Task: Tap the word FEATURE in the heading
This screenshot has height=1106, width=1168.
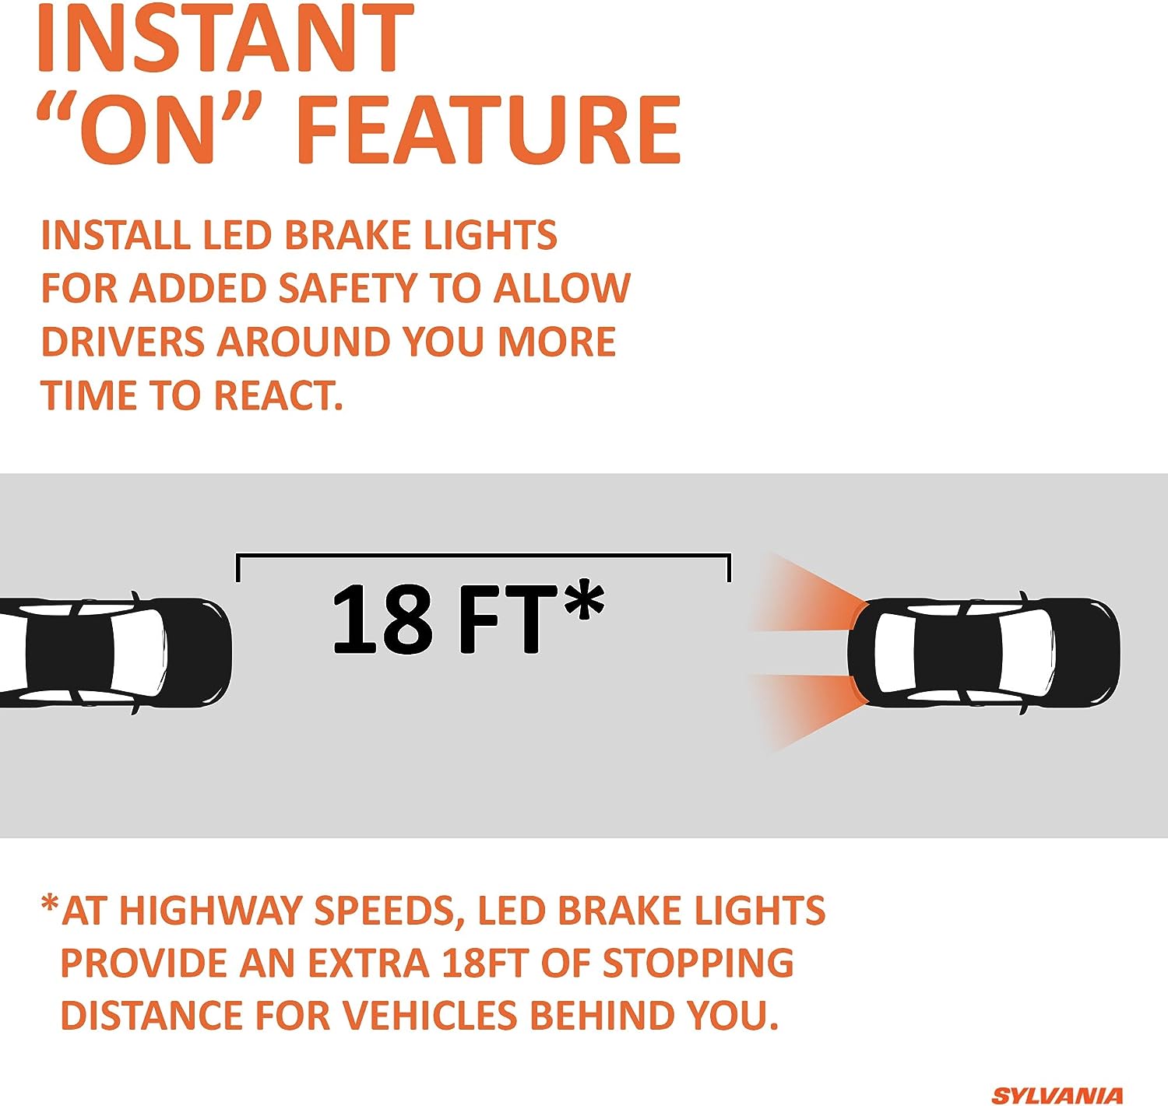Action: pos(487,129)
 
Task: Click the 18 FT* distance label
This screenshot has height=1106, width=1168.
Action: pos(468,618)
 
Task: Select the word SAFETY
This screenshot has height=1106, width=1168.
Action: pos(347,288)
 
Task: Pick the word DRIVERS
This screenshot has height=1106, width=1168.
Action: pos(121,342)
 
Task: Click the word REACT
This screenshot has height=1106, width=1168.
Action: pos(278,395)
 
